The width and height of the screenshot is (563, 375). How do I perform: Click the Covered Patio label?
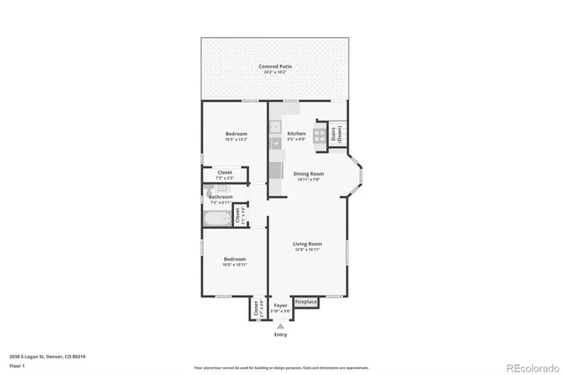[x=275, y=67]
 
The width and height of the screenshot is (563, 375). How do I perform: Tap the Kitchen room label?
[x=296, y=134]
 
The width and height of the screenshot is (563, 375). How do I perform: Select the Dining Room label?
[x=308, y=173]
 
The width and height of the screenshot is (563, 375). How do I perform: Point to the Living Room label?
[x=307, y=244]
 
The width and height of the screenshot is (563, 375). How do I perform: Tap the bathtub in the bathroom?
[x=217, y=217]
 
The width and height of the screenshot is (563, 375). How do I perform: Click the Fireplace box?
[x=306, y=302]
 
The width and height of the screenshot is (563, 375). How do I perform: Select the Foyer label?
[x=281, y=305]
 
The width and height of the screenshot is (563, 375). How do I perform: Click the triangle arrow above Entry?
[x=281, y=326]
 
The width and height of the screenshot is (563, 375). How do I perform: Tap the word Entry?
[x=281, y=335]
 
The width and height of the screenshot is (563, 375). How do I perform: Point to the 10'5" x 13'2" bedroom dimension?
[x=236, y=139]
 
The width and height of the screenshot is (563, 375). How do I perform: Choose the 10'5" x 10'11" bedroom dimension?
[x=236, y=264]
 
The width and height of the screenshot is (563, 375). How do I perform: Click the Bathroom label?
[x=221, y=197]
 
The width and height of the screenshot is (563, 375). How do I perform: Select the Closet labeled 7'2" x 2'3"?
[x=224, y=175]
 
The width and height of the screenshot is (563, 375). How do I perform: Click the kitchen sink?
[x=275, y=124]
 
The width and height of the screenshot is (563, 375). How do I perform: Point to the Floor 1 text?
[x=17, y=365]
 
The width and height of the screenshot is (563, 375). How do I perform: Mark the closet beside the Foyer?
[x=257, y=309]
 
